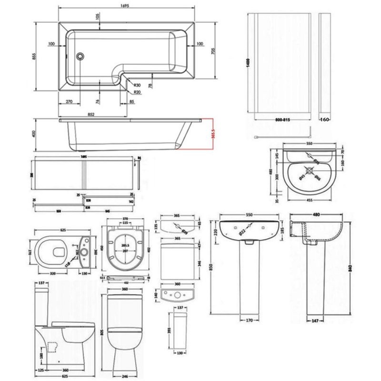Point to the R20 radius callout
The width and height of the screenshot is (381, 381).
pyautogui.click(x=136, y=92)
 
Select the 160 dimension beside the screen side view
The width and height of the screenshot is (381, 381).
pyautogui.click(x=325, y=119)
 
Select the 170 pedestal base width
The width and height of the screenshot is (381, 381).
pyautogui.click(x=249, y=320)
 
